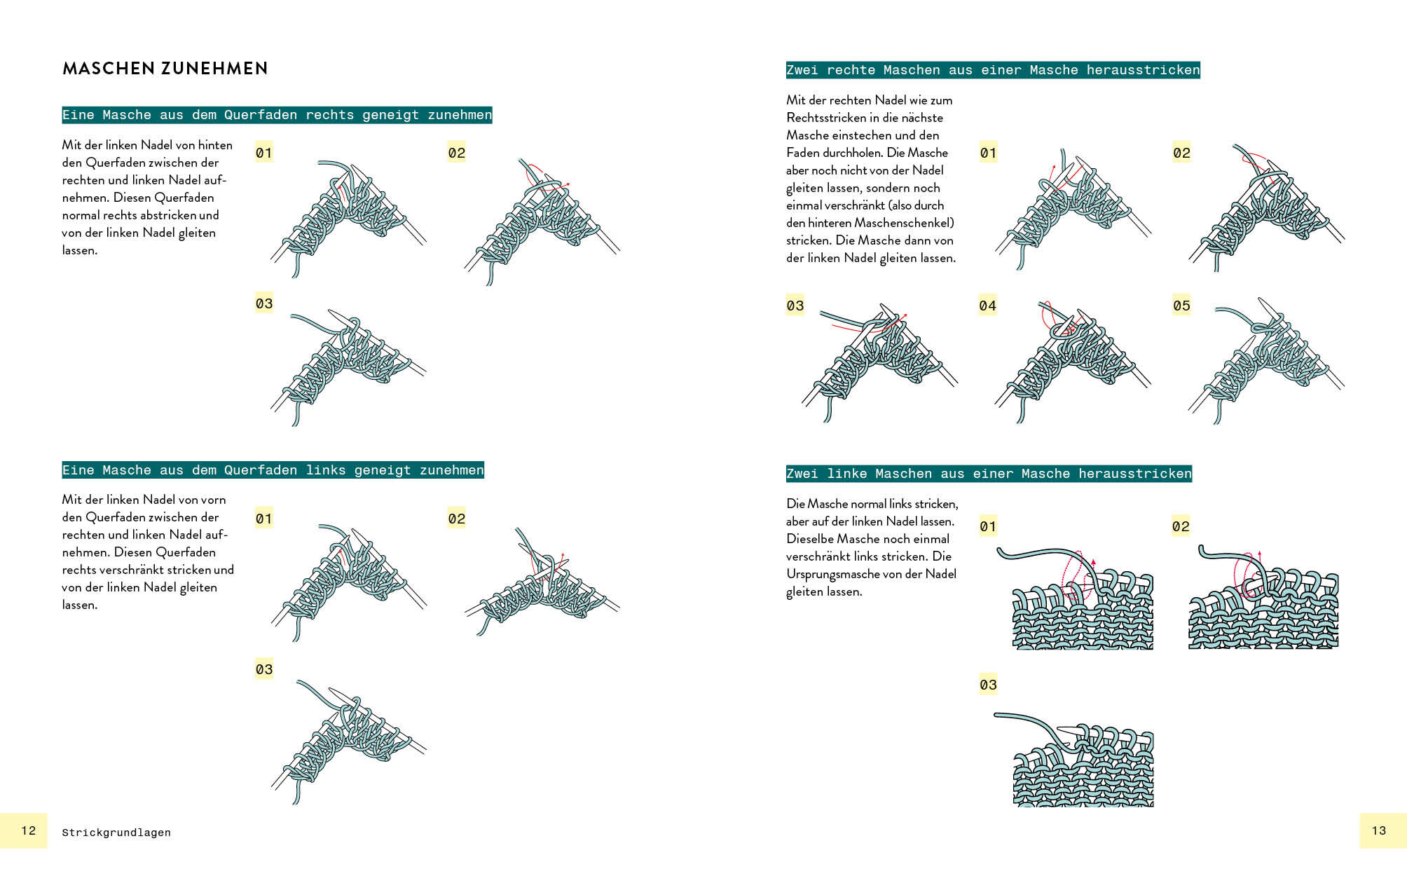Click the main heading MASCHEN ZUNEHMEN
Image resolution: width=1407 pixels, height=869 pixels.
165,69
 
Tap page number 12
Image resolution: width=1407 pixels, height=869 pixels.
29,830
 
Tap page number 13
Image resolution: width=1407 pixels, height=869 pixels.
1379,830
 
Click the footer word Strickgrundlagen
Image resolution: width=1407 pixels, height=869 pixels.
116,833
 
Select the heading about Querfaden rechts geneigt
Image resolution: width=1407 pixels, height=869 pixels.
277,115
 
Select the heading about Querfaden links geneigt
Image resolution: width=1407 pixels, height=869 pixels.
273,470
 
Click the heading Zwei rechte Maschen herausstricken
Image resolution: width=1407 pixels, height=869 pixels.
993,70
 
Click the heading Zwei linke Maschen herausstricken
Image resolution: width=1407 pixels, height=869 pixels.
989,474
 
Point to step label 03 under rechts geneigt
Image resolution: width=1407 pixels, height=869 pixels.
264,303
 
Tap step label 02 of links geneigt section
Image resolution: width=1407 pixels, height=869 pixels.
457,519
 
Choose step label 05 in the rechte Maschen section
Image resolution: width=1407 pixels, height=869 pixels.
1181,306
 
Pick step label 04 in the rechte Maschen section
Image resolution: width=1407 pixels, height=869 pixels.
987,306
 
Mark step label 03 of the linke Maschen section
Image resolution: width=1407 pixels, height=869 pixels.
988,685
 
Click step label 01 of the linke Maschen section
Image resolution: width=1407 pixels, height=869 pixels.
988,526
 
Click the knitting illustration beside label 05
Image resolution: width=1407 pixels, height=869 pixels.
1265,361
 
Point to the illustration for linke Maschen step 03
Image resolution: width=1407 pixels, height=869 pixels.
1079,760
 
